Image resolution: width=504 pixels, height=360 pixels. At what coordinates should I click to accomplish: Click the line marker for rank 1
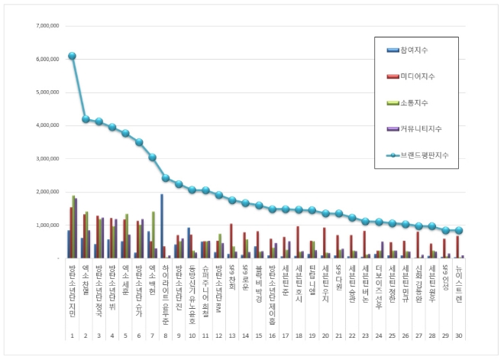[x=72, y=56]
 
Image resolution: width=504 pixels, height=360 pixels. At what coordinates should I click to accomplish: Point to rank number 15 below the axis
[x=259, y=336]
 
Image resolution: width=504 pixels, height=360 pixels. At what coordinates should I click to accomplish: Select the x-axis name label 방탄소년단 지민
[x=71, y=286]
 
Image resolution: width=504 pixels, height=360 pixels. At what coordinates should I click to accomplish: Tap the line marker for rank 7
[x=152, y=157]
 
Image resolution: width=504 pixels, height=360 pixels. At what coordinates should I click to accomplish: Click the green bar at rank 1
[x=73, y=227]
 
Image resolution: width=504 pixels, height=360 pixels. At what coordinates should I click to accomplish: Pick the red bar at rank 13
[x=231, y=241]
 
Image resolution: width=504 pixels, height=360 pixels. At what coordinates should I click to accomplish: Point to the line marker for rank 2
[x=86, y=119]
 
